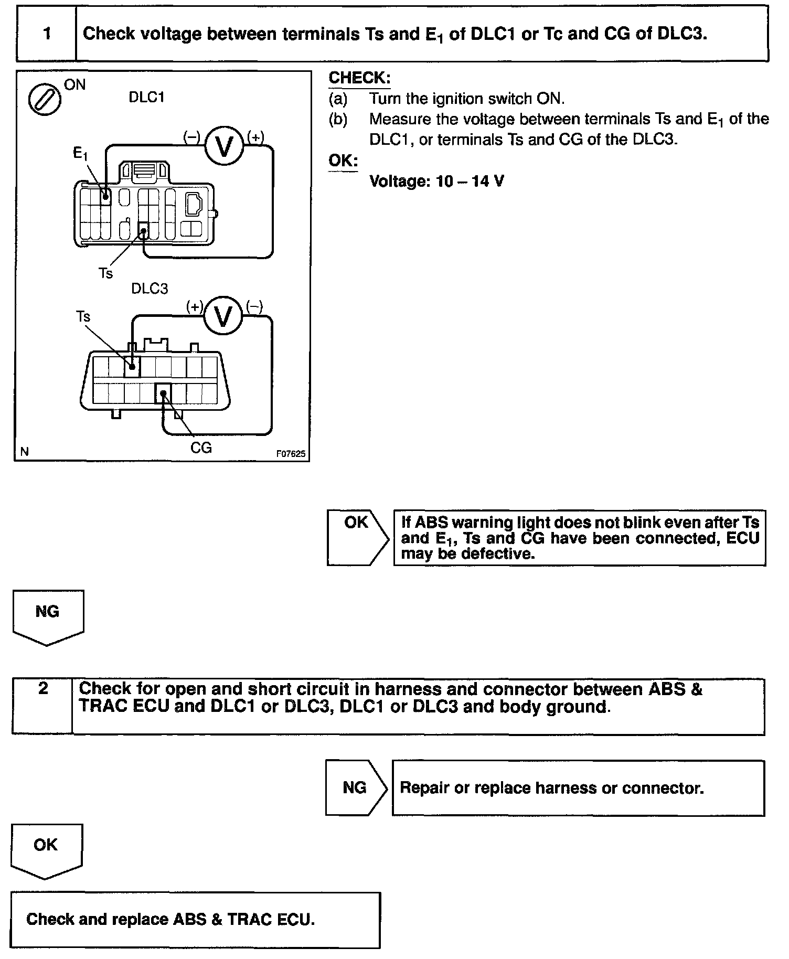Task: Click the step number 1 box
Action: pos(47,34)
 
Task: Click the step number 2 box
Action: pos(42,706)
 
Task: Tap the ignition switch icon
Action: pos(44,100)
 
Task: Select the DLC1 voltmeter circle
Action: pos(224,147)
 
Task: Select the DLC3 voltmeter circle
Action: pos(223,317)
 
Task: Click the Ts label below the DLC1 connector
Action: pos(105,273)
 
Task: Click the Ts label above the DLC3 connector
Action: pos(83,317)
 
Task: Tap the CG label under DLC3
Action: pos(201,447)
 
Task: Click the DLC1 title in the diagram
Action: pos(146,98)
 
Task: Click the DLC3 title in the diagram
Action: pos(150,289)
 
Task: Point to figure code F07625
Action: pos(291,454)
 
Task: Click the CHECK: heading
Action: pos(359,78)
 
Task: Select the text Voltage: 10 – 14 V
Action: pos(436,182)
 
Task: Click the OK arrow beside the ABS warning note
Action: pos(357,537)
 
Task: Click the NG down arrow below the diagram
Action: pos(47,616)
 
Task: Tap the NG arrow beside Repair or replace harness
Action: pos(355,787)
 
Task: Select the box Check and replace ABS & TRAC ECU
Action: pos(195,920)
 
